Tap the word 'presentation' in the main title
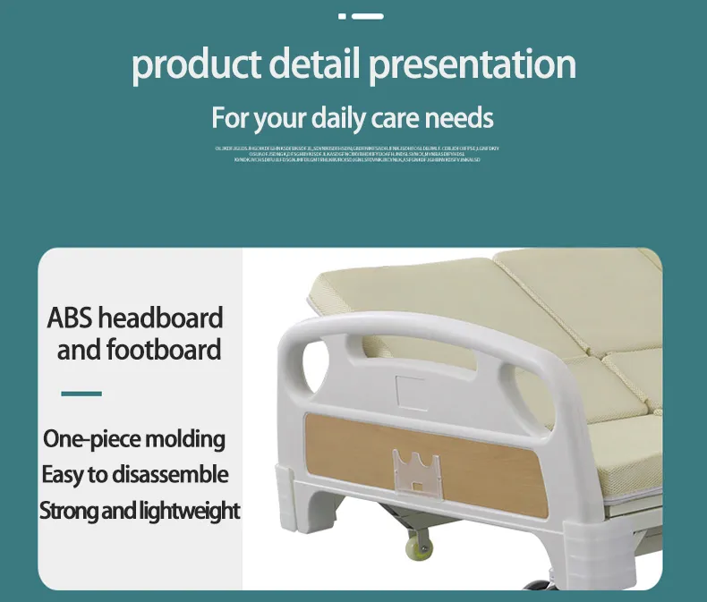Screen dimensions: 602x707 point(473,66)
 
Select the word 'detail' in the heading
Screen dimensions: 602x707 point(315,64)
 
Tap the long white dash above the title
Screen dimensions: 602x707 point(368,16)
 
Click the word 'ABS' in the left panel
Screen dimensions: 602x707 point(69,318)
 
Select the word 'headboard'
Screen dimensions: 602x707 point(160,318)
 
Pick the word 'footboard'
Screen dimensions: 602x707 point(163,349)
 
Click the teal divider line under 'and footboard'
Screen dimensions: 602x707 point(81,394)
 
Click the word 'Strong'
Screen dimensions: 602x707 point(71,511)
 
